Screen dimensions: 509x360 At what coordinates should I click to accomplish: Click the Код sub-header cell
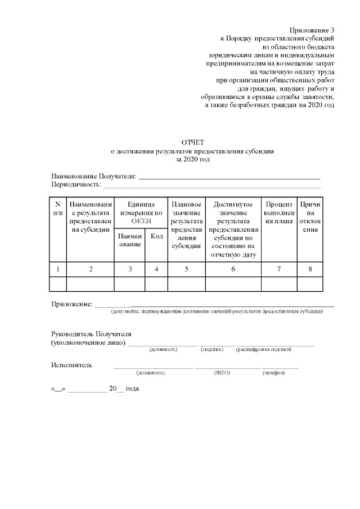pos(156,237)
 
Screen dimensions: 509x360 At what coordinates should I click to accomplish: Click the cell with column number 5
pos(186,269)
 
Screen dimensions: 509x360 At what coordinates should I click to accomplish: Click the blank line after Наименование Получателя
pos(229,177)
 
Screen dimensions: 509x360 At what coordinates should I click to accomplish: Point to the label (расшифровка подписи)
pos(264,350)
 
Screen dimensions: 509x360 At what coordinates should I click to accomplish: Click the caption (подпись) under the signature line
pos(212,350)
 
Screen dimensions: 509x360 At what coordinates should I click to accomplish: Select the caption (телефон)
pos(273,372)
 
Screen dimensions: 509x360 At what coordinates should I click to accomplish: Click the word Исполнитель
pos(71,365)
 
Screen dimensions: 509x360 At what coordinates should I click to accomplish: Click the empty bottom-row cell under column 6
pos(233,284)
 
